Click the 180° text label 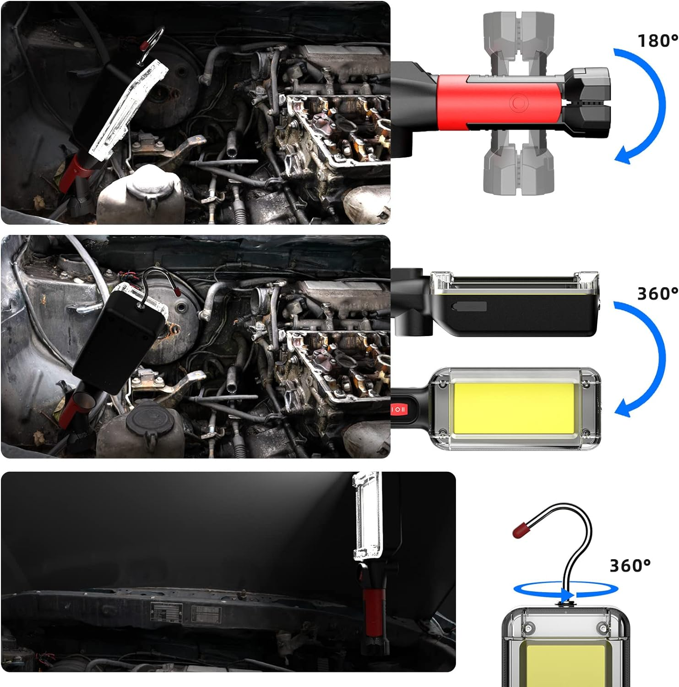click(x=657, y=41)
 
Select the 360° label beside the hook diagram click(x=630, y=566)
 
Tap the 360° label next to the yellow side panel click(x=657, y=294)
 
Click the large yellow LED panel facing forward click(x=513, y=409)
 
